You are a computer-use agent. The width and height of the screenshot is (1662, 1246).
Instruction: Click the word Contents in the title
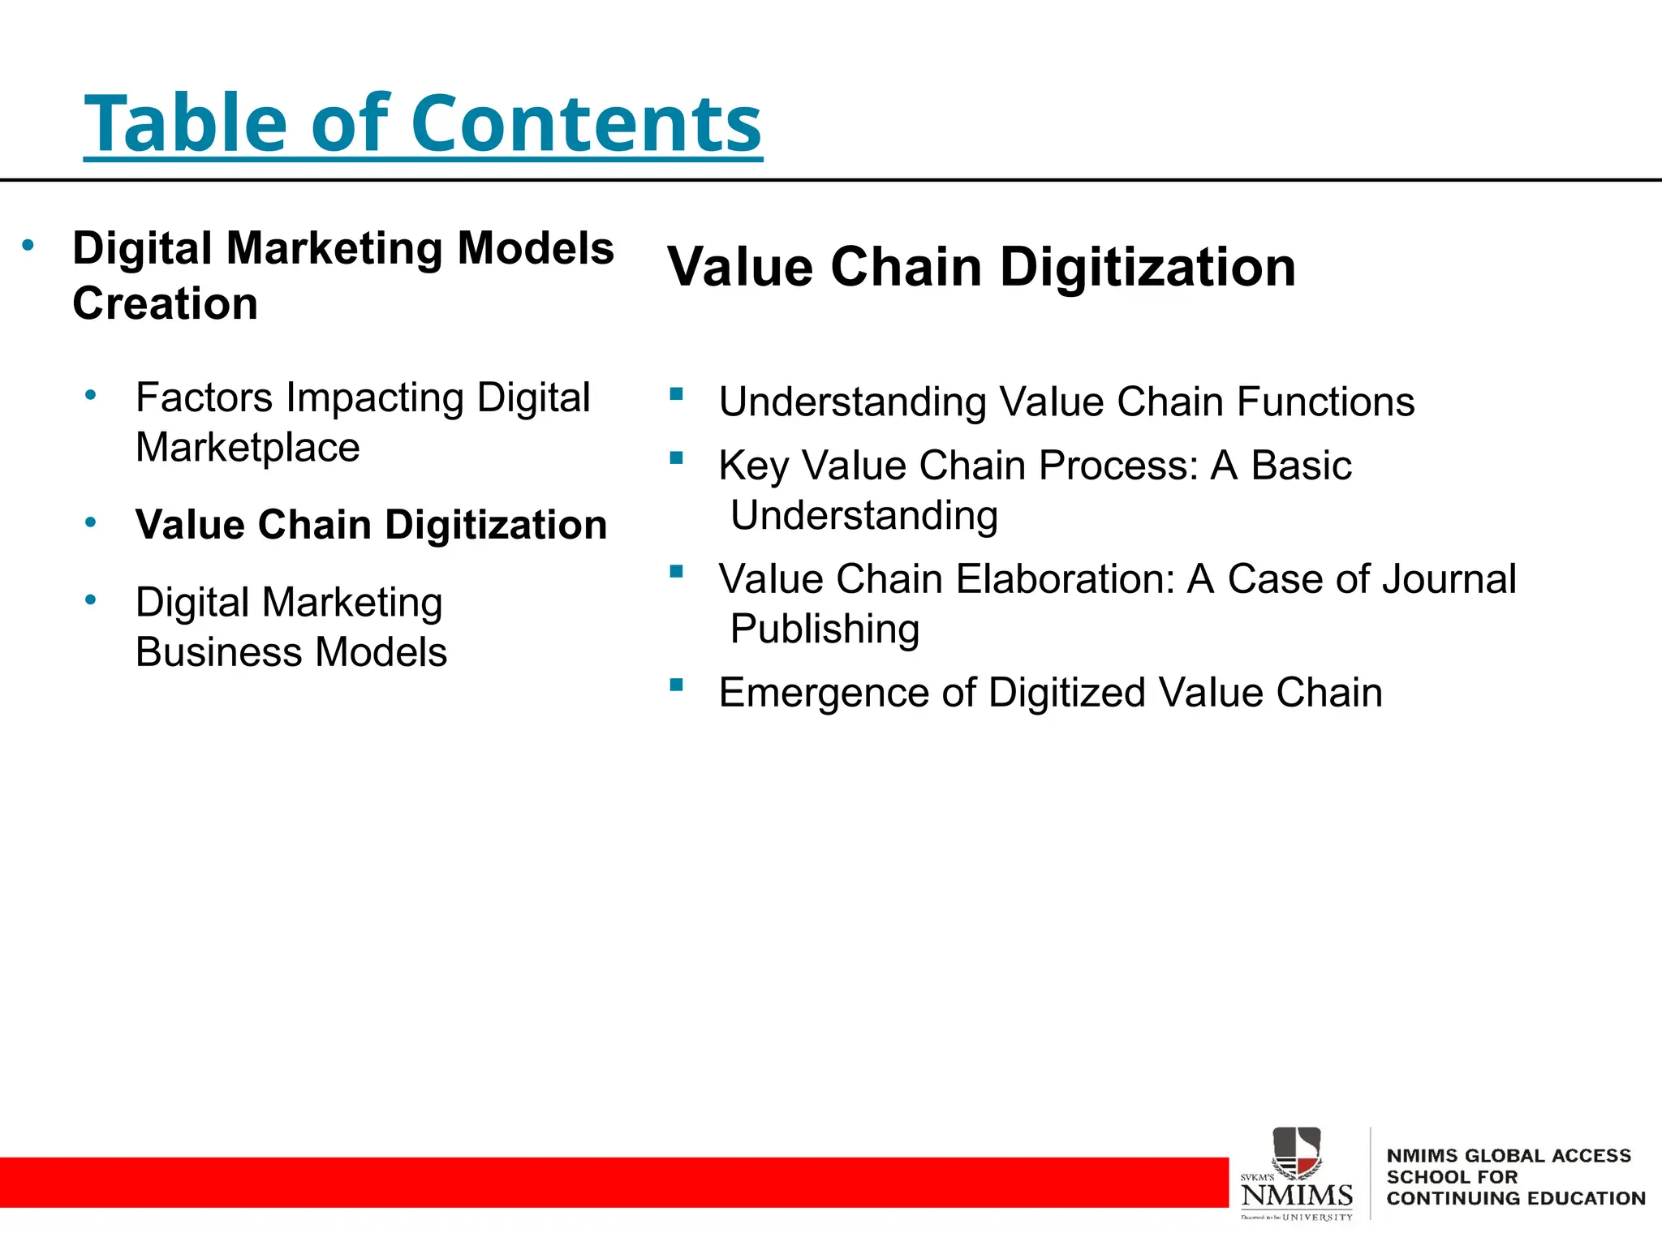coord(586,123)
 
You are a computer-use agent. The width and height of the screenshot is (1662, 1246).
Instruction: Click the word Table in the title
coord(186,123)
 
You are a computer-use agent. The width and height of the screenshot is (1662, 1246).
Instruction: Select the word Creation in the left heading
coord(165,303)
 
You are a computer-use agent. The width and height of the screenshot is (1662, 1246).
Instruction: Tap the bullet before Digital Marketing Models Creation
coord(28,245)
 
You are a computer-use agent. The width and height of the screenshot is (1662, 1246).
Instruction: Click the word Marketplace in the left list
coord(248,448)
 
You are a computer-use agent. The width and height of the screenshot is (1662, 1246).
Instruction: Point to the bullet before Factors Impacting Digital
coord(91,396)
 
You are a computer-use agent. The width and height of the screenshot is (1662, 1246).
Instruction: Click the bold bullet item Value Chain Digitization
coord(371,524)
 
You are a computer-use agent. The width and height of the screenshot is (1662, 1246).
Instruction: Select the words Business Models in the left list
coord(291,652)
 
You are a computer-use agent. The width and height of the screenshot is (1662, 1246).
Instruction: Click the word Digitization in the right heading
coord(1147,268)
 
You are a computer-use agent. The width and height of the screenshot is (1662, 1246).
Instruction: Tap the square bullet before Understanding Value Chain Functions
coord(676,394)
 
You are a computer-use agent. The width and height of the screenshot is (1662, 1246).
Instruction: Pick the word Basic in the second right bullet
coord(1301,466)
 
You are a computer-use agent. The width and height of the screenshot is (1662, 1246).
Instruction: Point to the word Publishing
coord(825,629)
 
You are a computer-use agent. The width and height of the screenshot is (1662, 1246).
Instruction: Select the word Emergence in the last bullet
coord(824,693)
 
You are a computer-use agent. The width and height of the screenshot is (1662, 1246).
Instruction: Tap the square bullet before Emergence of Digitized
coord(676,685)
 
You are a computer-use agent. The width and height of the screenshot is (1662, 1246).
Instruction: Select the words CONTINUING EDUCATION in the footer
coord(1515,1198)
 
